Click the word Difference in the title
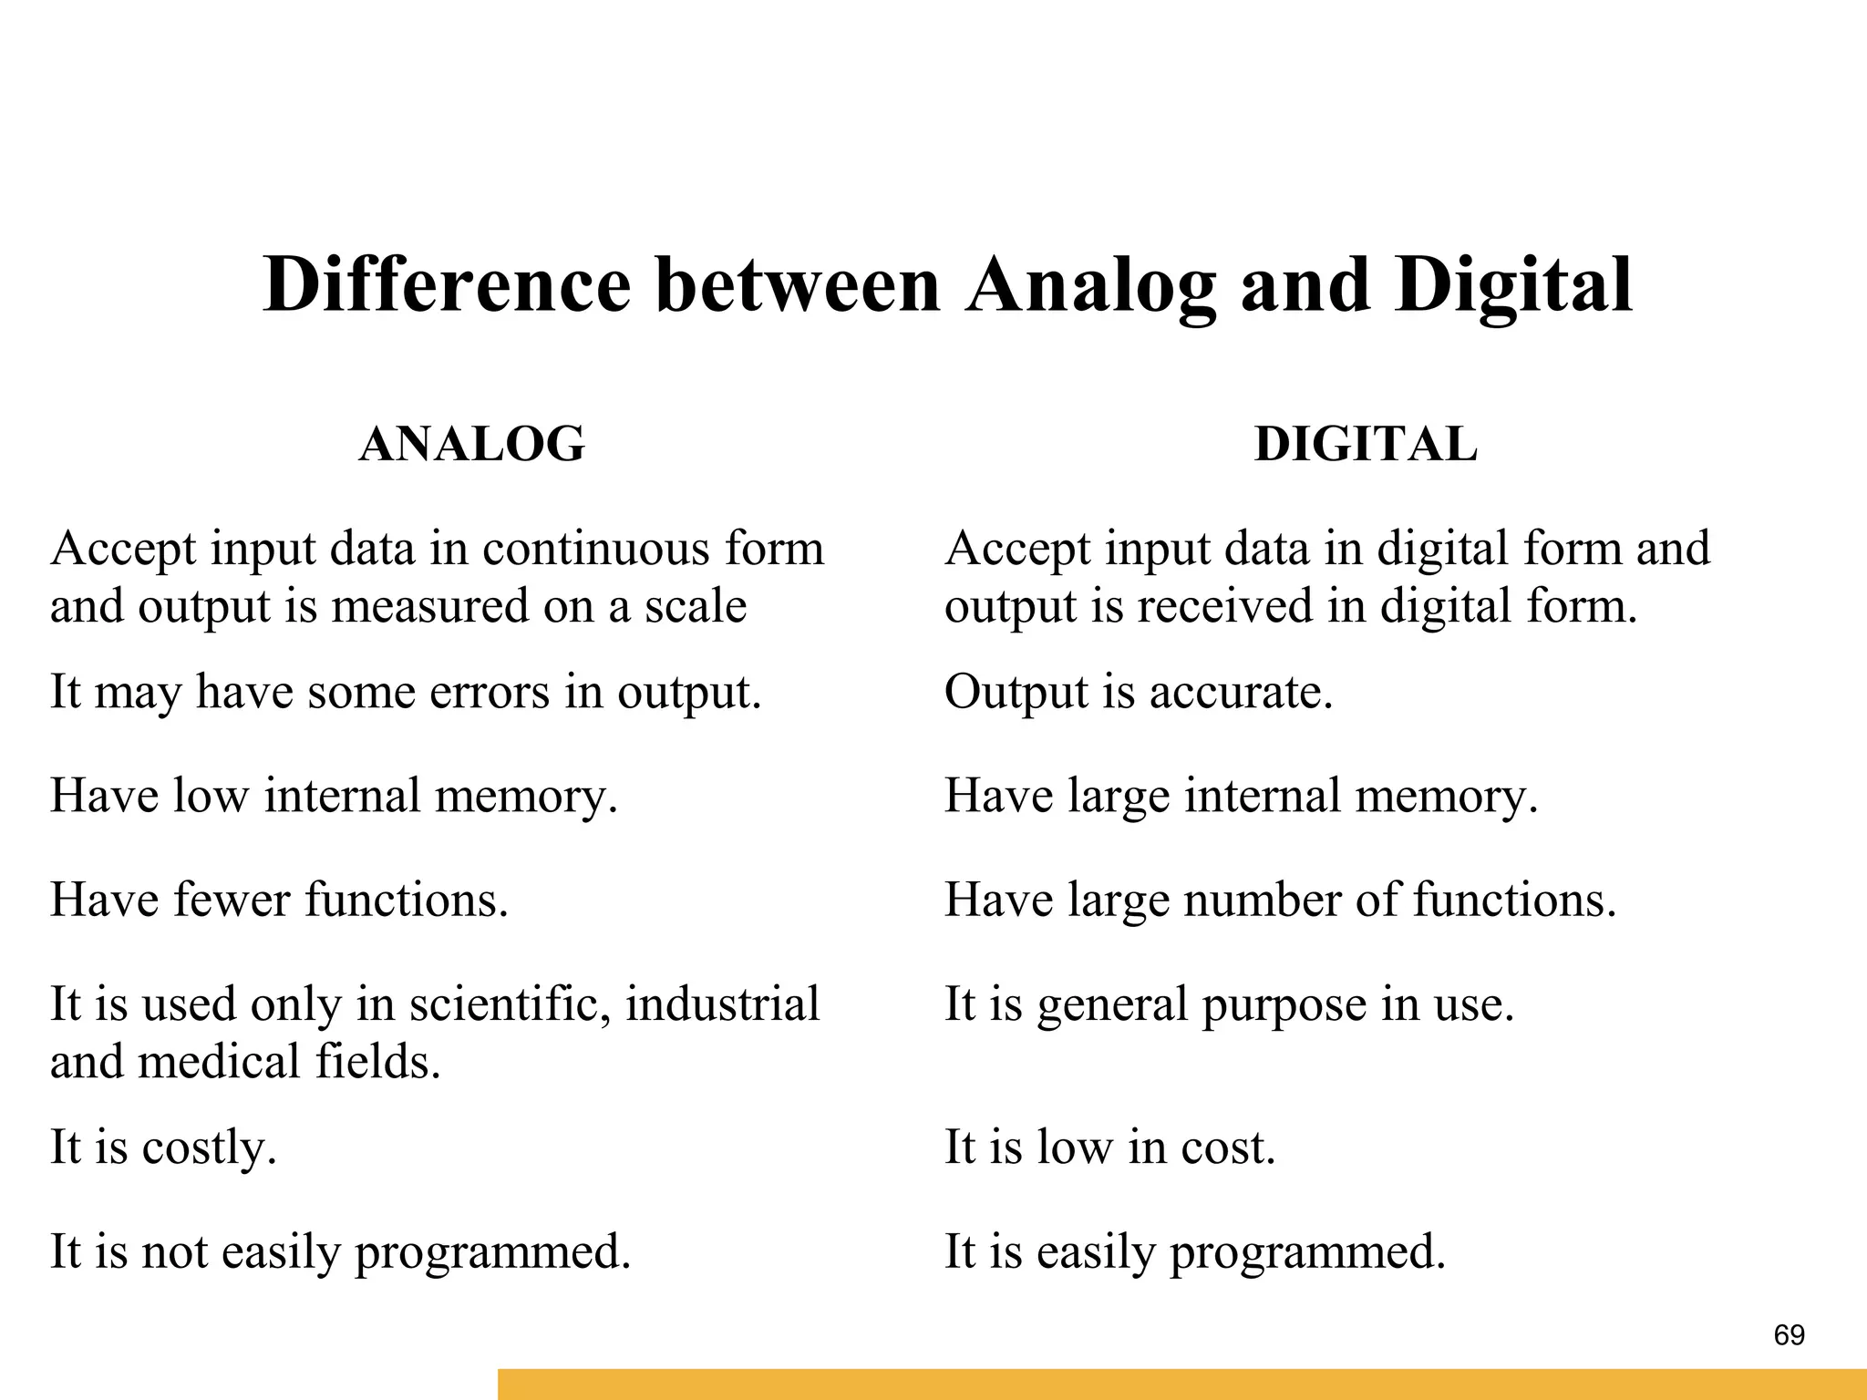click(x=447, y=285)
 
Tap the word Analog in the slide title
click(x=1090, y=285)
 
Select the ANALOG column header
click(x=471, y=445)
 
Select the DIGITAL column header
click(x=1365, y=445)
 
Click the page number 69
click(x=1789, y=1335)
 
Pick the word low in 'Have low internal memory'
click(x=210, y=796)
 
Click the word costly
click(x=209, y=1148)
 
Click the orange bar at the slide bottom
click(x=1181, y=1384)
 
